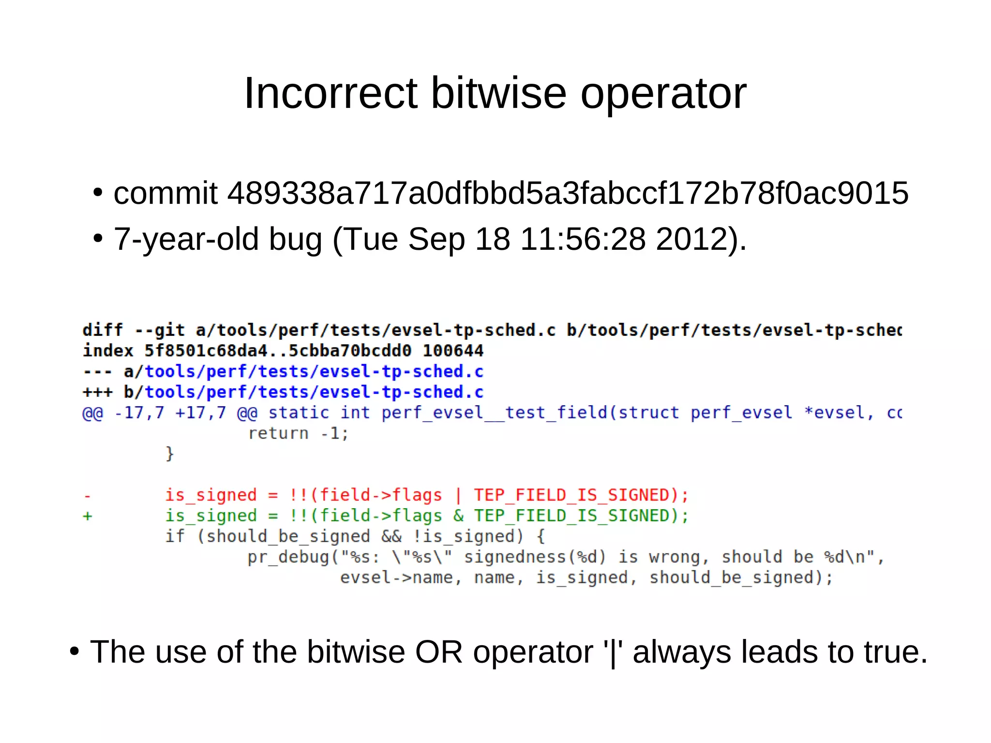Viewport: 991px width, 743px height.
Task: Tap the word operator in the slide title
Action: tap(663, 94)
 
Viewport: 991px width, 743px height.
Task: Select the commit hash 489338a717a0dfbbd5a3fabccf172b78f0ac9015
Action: tap(568, 193)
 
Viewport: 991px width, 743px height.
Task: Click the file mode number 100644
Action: tap(453, 350)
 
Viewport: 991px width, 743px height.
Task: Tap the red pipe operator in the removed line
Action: tap(458, 495)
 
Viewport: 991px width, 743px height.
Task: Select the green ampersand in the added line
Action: tap(458, 516)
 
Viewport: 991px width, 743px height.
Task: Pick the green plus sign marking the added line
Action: tap(87, 516)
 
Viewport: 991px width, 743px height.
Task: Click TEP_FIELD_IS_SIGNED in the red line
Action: tap(572, 495)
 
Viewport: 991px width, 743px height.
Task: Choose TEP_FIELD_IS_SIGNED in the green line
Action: tap(572, 516)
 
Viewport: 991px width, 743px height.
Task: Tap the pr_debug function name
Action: tap(288, 557)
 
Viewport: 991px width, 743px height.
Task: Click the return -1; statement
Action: tap(298, 433)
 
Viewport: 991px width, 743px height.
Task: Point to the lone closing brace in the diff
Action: tap(169, 454)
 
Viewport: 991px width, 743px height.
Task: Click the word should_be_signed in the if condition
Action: tap(288, 536)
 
